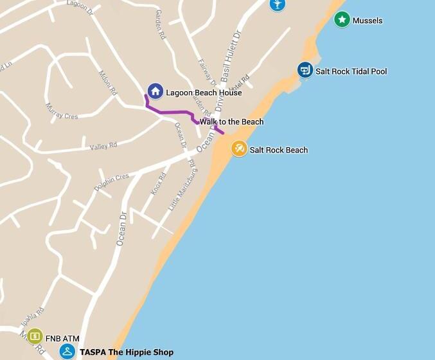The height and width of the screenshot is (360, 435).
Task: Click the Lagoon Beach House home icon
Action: (155, 92)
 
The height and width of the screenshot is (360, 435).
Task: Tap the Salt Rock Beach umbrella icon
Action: (239, 149)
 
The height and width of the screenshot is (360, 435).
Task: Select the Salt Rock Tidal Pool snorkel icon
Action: (305, 70)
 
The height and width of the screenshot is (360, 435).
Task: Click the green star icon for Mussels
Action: (342, 20)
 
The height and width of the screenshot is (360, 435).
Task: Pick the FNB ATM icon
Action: (35, 336)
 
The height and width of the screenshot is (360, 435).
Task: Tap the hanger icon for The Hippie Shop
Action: (67, 352)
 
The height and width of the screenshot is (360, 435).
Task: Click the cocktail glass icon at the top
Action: (277, 4)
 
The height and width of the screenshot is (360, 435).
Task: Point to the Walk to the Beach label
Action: (231, 122)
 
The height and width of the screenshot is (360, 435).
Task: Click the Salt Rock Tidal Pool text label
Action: (351, 71)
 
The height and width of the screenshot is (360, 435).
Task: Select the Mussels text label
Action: (367, 21)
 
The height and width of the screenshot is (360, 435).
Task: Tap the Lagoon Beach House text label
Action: (204, 93)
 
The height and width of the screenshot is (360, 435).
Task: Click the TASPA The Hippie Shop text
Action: (127, 352)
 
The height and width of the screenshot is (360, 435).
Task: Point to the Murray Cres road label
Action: (61, 111)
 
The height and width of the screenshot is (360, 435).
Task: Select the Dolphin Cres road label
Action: (111, 182)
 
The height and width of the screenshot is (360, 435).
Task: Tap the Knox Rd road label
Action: (158, 184)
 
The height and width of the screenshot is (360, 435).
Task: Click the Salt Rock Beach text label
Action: (278, 150)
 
